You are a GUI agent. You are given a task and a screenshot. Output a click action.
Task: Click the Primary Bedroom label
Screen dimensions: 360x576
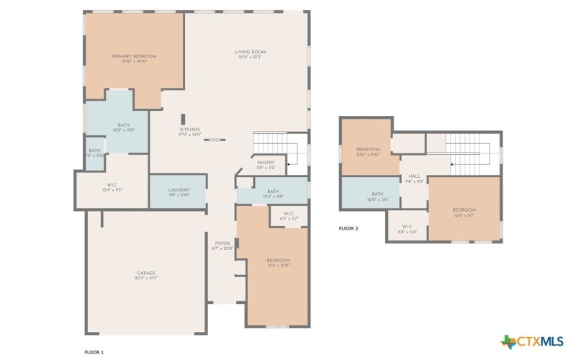coord(134,56)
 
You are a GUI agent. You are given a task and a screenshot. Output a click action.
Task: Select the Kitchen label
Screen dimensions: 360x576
coord(190,130)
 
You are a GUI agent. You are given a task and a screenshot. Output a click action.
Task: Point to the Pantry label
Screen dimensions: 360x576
coord(266,163)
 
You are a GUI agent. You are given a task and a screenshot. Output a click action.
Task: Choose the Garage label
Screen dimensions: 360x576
coord(147,273)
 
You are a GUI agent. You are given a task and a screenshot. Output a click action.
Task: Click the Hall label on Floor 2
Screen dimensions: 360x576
coord(415,176)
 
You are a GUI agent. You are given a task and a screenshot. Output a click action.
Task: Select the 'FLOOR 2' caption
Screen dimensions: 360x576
coord(348,228)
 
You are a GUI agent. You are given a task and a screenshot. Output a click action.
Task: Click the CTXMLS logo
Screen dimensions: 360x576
coord(533,340)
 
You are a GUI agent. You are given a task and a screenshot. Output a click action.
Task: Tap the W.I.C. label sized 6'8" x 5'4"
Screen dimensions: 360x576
coord(408,228)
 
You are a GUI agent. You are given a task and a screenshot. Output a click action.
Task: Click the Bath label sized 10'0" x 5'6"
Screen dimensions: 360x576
coord(378,194)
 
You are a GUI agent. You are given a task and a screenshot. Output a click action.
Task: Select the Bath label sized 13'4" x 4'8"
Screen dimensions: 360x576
coord(272,192)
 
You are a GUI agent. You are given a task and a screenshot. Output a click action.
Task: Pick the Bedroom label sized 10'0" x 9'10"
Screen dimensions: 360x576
coord(368,150)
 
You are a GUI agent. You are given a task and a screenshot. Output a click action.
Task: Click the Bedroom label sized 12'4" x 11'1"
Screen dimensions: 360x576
coord(464,210)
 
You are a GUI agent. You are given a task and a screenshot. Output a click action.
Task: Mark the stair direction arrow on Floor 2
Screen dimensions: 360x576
coord(451,165)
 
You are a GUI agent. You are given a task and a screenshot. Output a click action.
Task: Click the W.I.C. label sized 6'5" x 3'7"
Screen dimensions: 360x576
coord(288,216)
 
